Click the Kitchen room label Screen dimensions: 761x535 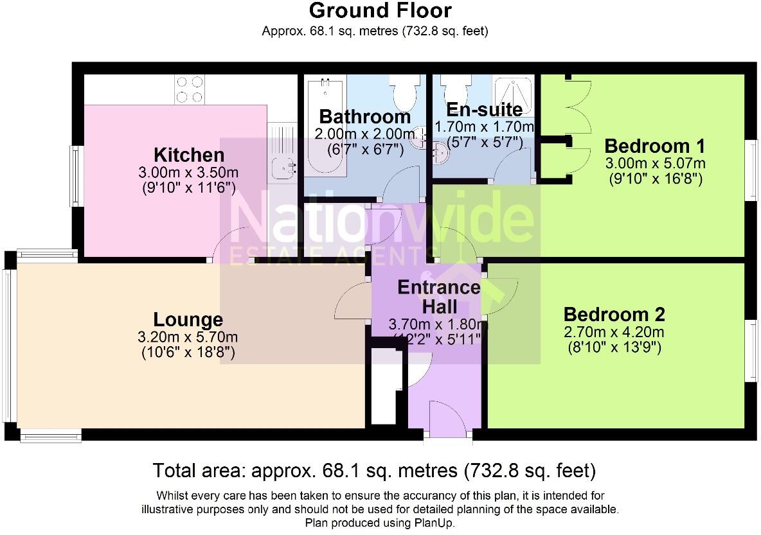coord(189,155)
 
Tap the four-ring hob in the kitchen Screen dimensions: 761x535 coord(189,89)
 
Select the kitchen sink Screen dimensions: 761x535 coord(283,168)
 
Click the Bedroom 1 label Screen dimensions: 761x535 coord(655,146)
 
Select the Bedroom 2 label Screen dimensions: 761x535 coord(614,314)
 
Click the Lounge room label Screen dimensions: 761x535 coord(188,320)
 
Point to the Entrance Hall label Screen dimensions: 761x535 coord(439,297)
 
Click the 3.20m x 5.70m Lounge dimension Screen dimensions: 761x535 coord(188,337)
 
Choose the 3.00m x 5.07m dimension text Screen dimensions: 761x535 coord(655,163)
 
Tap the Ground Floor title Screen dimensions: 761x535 coord(380,10)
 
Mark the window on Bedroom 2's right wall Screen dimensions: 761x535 coord(752,350)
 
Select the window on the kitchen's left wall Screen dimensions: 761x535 coord(76,177)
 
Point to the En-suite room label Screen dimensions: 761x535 coord(485,110)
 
